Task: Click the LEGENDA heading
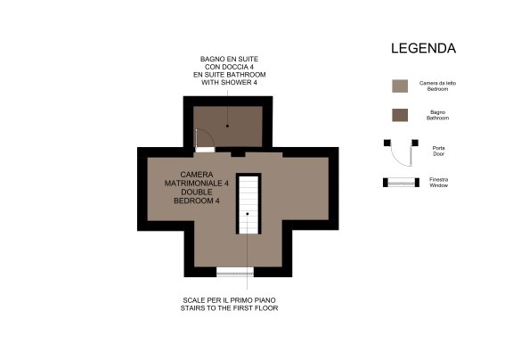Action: [423, 48]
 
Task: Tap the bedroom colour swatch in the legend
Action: [400, 86]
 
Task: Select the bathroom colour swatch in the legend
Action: [400, 115]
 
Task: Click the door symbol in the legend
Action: [401, 153]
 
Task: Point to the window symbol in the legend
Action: [401, 183]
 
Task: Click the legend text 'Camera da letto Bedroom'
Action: [437, 86]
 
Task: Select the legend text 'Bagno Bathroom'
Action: [437, 115]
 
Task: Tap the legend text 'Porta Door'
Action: [438, 151]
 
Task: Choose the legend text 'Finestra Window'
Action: [438, 183]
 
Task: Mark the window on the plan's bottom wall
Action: [235, 273]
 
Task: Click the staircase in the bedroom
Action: [248, 204]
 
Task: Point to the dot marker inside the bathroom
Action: [227, 126]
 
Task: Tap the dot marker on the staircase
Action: [248, 214]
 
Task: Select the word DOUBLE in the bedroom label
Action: [197, 192]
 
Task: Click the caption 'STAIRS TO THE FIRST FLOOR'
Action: [229, 308]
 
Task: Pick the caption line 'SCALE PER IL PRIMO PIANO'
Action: [229, 300]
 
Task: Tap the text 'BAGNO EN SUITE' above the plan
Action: [229, 59]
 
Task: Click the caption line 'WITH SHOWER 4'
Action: [229, 83]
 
